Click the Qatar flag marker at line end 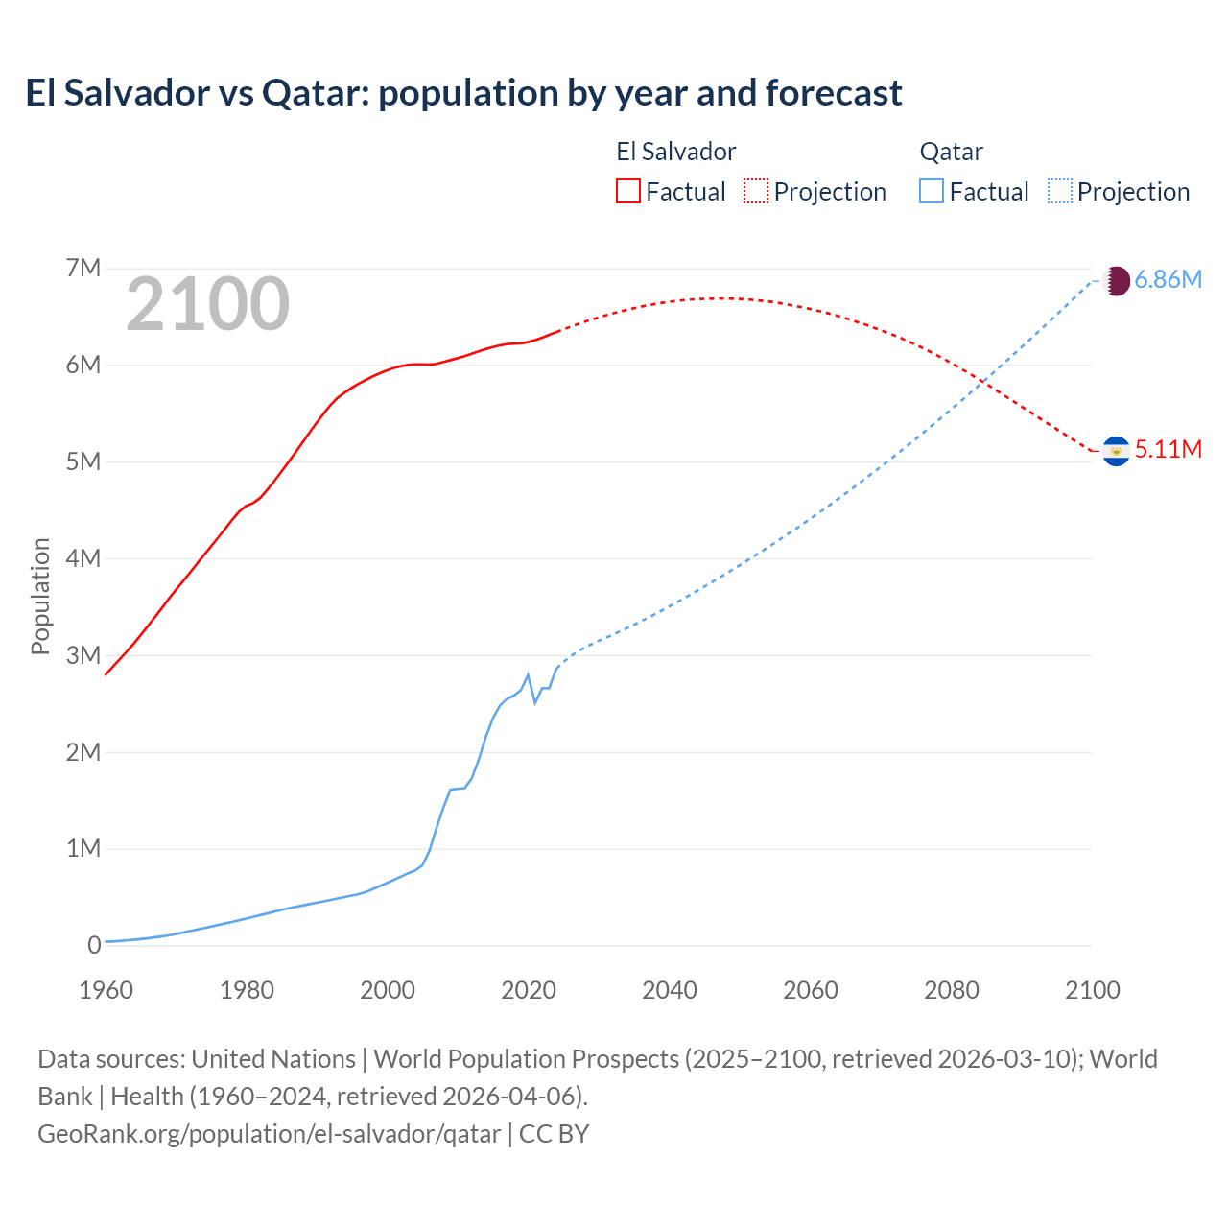[1116, 281]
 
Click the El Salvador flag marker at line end [1116, 451]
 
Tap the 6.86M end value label [1168, 279]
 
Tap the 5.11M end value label [1168, 449]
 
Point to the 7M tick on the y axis [83, 268]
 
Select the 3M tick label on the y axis [83, 655]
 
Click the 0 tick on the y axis [94, 945]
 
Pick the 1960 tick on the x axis [106, 990]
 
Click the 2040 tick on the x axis [670, 990]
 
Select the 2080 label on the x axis [952, 990]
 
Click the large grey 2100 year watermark [207, 304]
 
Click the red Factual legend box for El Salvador [627, 191]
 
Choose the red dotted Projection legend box [756, 191]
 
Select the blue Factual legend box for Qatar [932, 191]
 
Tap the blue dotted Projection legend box [1060, 191]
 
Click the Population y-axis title [40, 596]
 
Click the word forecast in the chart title [834, 93]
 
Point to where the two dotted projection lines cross [980, 383]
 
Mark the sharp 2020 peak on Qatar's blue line [528, 674]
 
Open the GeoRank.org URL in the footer [269, 1133]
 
